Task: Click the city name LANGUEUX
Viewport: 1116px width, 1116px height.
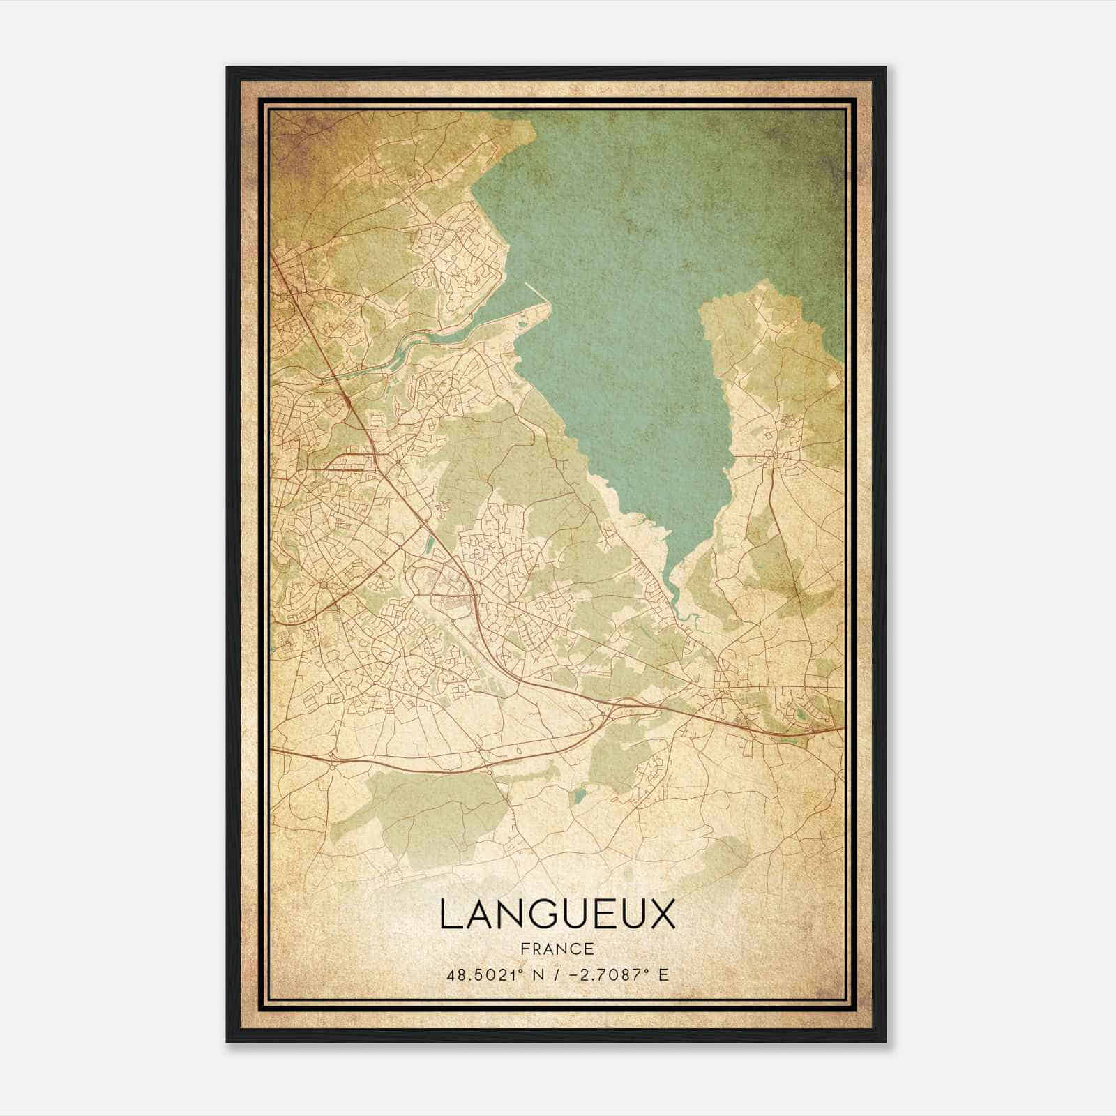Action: click(x=557, y=915)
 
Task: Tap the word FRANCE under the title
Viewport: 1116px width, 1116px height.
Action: click(x=557, y=949)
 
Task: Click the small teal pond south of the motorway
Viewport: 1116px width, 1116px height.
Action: click(x=578, y=796)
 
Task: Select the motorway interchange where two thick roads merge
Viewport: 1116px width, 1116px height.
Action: click(x=614, y=704)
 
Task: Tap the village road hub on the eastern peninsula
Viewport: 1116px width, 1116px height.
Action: click(x=771, y=457)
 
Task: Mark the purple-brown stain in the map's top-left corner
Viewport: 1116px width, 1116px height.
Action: click(x=300, y=133)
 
